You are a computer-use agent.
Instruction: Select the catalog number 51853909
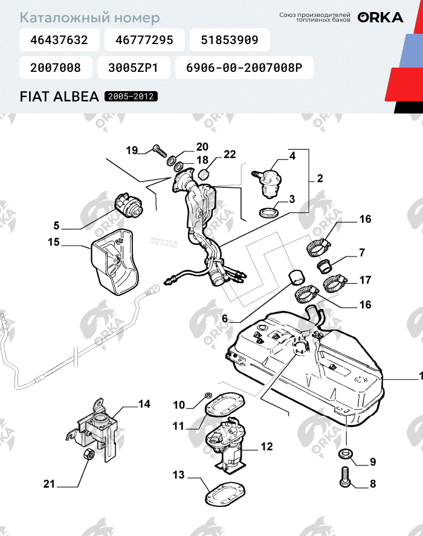pos(229,40)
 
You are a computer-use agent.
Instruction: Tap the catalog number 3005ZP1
pos(132,68)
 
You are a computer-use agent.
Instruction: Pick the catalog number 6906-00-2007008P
pos(244,68)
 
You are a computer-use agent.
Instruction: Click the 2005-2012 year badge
pos(131,97)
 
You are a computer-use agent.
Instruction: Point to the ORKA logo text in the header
pos(380,18)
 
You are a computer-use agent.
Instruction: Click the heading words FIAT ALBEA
pos(59,97)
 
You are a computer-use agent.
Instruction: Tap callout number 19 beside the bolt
pos(132,150)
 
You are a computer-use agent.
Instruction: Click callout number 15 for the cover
pos(54,242)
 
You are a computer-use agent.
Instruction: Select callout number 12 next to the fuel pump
pos(266,447)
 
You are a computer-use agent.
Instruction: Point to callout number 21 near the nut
pos(49,483)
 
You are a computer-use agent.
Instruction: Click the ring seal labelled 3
pos(268,212)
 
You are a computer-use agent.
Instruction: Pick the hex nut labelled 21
pos(87,454)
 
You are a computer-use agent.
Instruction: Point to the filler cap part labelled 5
pos(129,205)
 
